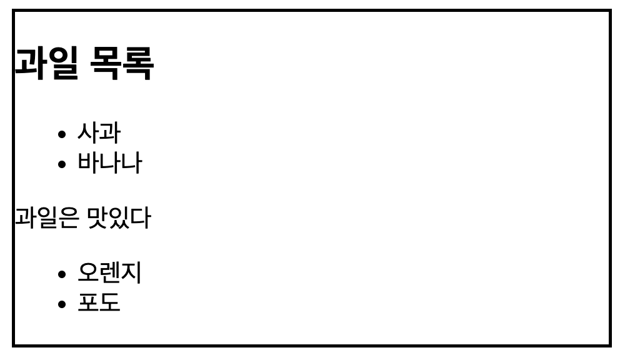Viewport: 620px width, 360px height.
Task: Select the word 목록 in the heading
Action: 121,62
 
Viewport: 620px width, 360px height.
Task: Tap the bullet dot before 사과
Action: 61,134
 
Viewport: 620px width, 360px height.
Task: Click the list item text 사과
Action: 99,132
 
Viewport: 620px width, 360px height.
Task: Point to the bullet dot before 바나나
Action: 61,164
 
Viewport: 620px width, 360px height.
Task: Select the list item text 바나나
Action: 109,163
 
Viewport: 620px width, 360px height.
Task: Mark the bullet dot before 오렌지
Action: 61,274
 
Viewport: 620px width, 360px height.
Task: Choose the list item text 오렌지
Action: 109,272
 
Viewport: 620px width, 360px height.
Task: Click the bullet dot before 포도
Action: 61,304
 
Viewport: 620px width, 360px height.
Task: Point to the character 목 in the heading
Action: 106,62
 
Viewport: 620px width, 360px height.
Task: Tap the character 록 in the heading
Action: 137,62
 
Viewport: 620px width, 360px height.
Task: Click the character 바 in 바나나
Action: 88,163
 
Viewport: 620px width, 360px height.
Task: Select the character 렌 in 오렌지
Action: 109,272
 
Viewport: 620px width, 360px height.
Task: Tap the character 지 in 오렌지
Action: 131,272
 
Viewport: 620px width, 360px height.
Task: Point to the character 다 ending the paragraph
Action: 140,218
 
